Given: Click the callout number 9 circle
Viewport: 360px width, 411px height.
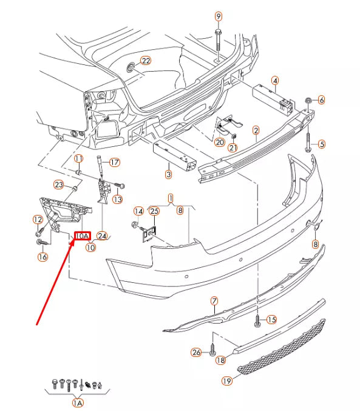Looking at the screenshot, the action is coord(218,16).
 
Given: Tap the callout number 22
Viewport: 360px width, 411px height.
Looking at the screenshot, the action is coord(146,61).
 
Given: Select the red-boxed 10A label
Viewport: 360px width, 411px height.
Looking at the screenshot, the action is coord(83,236).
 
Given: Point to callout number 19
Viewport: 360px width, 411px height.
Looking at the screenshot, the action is coord(227,381).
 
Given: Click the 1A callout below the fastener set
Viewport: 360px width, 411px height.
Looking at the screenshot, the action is coord(77,403).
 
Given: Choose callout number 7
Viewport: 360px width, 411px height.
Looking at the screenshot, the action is coord(214,301).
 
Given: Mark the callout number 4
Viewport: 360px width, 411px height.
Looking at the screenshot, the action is coord(275,81).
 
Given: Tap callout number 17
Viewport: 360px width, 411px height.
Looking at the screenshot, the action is coord(115,162).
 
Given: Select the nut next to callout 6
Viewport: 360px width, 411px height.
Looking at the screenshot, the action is coord(308,100).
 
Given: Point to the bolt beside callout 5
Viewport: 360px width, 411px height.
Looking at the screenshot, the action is coord(308,142).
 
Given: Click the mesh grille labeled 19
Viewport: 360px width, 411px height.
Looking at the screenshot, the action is coord(281,347).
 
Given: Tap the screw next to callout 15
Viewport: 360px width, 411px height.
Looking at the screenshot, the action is coord(257,321).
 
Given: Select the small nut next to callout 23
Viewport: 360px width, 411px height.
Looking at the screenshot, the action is coord(75,188).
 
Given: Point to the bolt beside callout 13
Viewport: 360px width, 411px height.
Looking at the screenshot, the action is coord(120,185).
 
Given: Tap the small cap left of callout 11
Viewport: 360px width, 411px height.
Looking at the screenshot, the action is coord(78,172).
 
